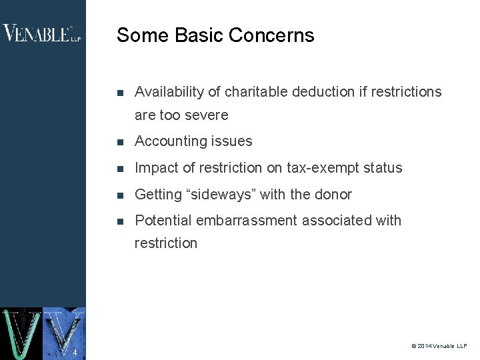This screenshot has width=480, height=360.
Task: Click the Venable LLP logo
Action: point(42,33)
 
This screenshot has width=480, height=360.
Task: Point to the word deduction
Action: point(325,92)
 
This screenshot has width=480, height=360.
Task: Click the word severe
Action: point(206,115)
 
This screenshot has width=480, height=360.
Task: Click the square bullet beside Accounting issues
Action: point(119,142)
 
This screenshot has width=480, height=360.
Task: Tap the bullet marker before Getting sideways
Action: point(119,195)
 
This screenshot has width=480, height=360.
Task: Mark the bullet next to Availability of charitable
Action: point(119,93)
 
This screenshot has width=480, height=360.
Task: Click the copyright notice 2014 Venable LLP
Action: point(439,346)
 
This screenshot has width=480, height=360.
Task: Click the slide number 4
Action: point(75,353)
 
